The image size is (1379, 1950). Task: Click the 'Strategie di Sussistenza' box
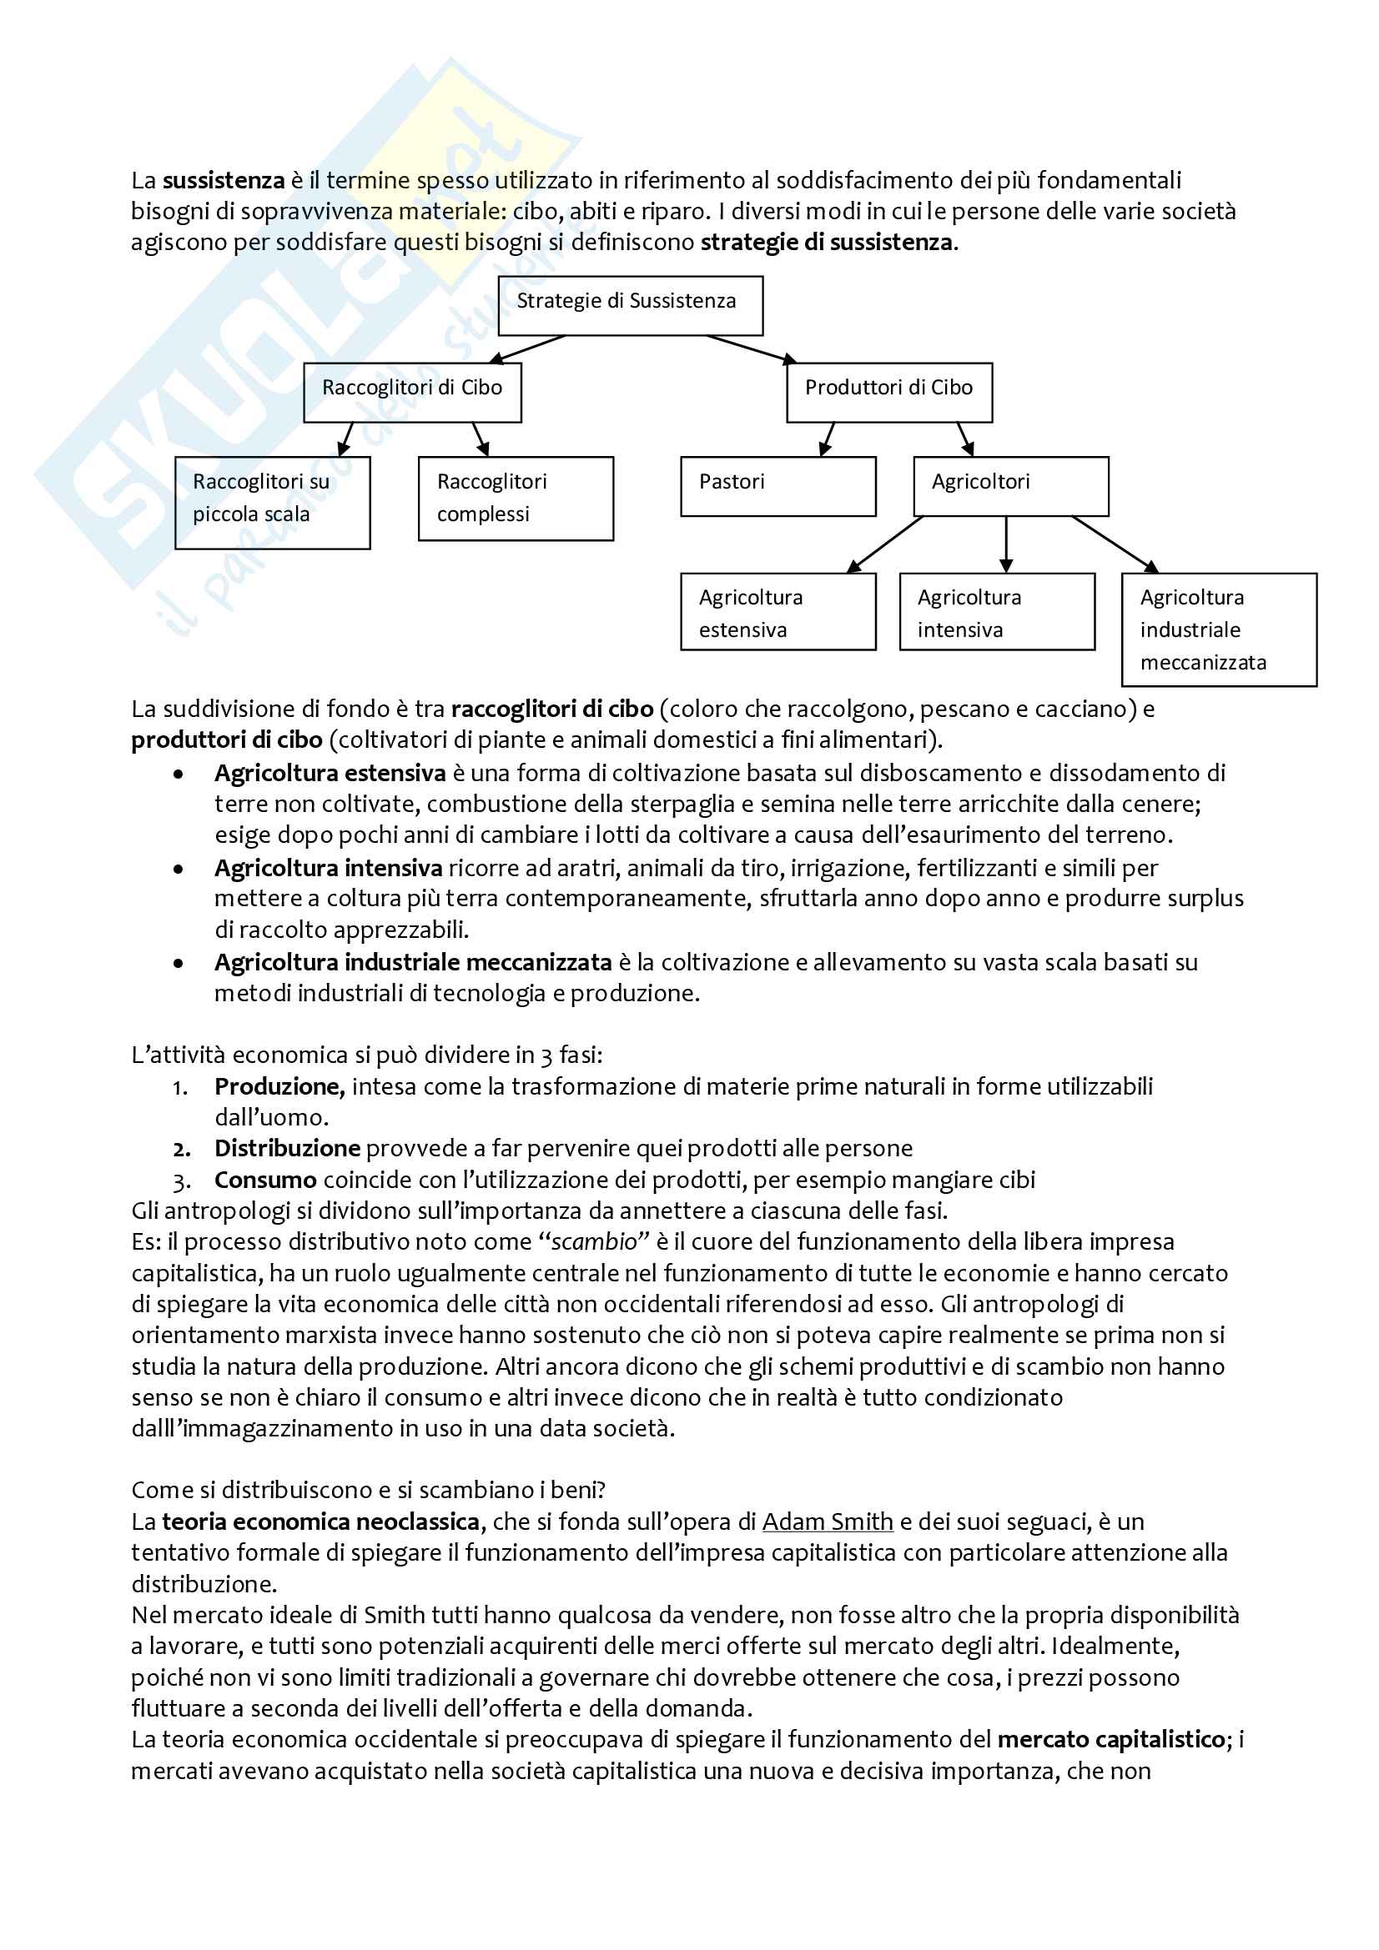[630, 306]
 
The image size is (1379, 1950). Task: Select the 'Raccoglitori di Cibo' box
[412, 393]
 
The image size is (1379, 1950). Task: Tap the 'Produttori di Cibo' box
[888, 393]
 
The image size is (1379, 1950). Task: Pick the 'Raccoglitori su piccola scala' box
[272, 503]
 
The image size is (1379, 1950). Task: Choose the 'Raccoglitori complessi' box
[516, 499]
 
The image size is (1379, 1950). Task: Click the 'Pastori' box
[778, 487]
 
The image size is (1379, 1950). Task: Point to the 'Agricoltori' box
[1010, 487]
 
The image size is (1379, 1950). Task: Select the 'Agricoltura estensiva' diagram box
[778, 611]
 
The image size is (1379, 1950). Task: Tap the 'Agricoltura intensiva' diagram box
[997, 611]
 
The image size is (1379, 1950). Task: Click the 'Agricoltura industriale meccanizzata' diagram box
[1219, 629]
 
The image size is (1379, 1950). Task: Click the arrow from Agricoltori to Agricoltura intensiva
[1006, 544]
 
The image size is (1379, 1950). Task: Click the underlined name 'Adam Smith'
[827, 1521]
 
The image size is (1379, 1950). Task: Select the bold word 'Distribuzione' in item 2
[287, 1148]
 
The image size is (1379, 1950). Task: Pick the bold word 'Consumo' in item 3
[265, 1180]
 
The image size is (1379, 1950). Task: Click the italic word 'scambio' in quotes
[594, 1241]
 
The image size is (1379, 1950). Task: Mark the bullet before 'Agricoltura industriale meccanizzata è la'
[179, 963]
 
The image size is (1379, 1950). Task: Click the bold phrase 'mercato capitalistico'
[1110, 1739]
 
